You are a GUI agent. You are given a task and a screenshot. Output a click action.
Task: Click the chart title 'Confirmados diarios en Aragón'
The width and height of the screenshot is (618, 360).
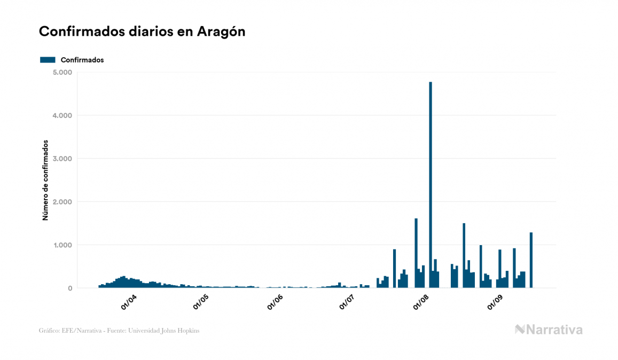142,32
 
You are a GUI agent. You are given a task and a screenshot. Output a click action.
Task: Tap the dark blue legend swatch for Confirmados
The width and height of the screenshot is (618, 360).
48,60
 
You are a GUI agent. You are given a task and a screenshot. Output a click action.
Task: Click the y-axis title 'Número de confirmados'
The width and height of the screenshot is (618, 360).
46,181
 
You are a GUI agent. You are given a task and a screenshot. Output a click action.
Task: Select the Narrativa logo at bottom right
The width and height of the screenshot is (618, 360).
549,330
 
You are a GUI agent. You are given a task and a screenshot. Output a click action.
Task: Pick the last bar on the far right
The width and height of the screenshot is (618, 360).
531,260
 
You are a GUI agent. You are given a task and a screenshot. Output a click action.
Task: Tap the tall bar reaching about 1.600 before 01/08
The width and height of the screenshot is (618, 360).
416,253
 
